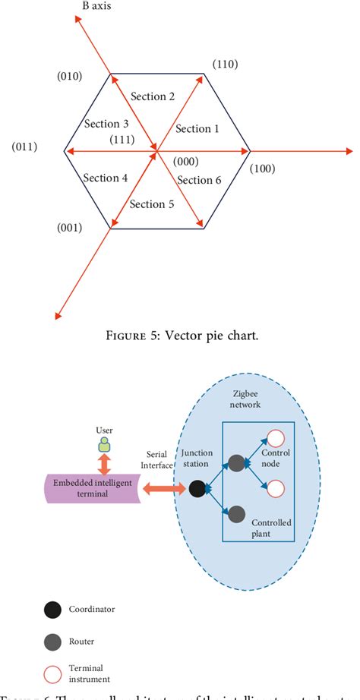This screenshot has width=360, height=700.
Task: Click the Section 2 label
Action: tap(153, 96)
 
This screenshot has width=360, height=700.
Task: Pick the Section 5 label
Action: tap(153, 203)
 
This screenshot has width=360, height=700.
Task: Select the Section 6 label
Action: tap(199, 180)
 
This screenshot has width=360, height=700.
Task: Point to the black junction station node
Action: tap(196, 489)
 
